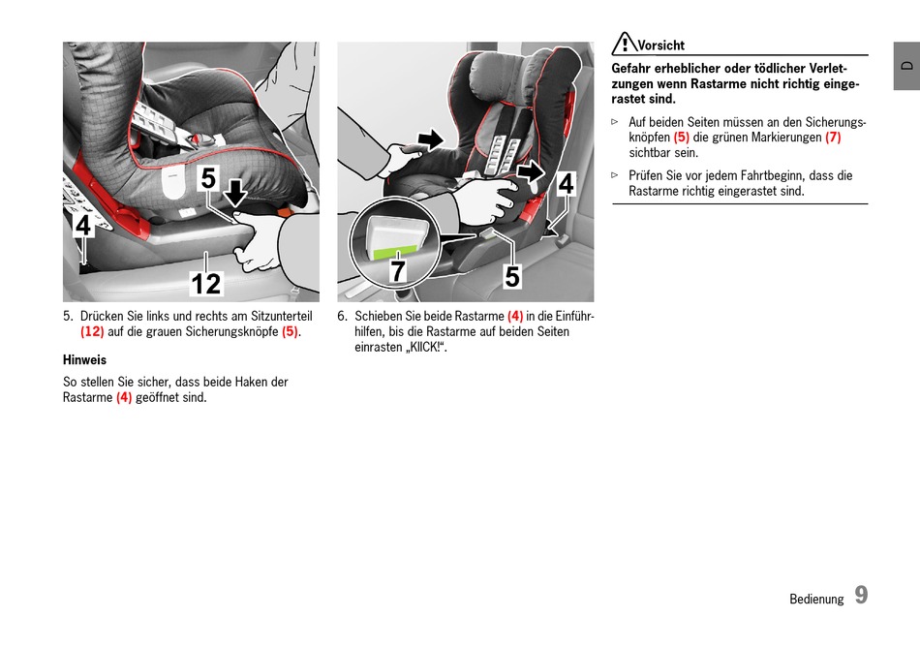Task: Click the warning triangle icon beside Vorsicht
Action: coord(624,44)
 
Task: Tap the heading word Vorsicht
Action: coord(661,46)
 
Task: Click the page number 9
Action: coord(860,596)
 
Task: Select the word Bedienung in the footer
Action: coord(816,599)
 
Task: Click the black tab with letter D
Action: coord(906,66)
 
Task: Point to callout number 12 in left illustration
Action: coord(206,283)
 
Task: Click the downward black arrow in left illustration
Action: coord(235,193)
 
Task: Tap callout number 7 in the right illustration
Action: coord(398,272)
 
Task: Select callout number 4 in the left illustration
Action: coord(83,226)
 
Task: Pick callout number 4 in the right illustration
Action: coord(566,183)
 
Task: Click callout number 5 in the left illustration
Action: coord(209,179)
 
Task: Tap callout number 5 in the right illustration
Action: coord(512,277)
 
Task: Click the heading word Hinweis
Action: coord(84,359)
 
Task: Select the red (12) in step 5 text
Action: coord(92,331)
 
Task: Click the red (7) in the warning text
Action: coord(833,138)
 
